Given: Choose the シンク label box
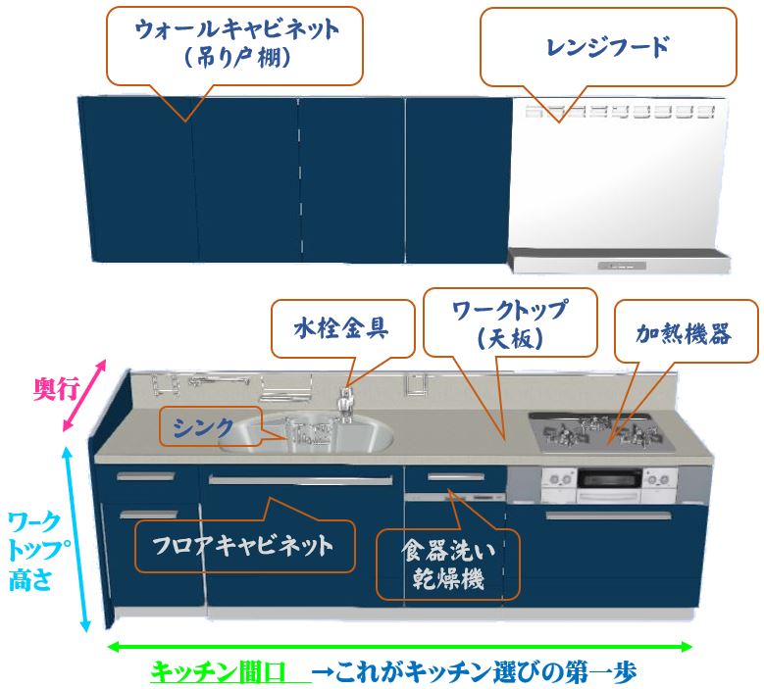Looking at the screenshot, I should click(x=201, y=427).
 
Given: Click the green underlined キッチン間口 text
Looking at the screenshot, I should click(x=217, y=673).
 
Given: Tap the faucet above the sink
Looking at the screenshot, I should click(x=345, y=402).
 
